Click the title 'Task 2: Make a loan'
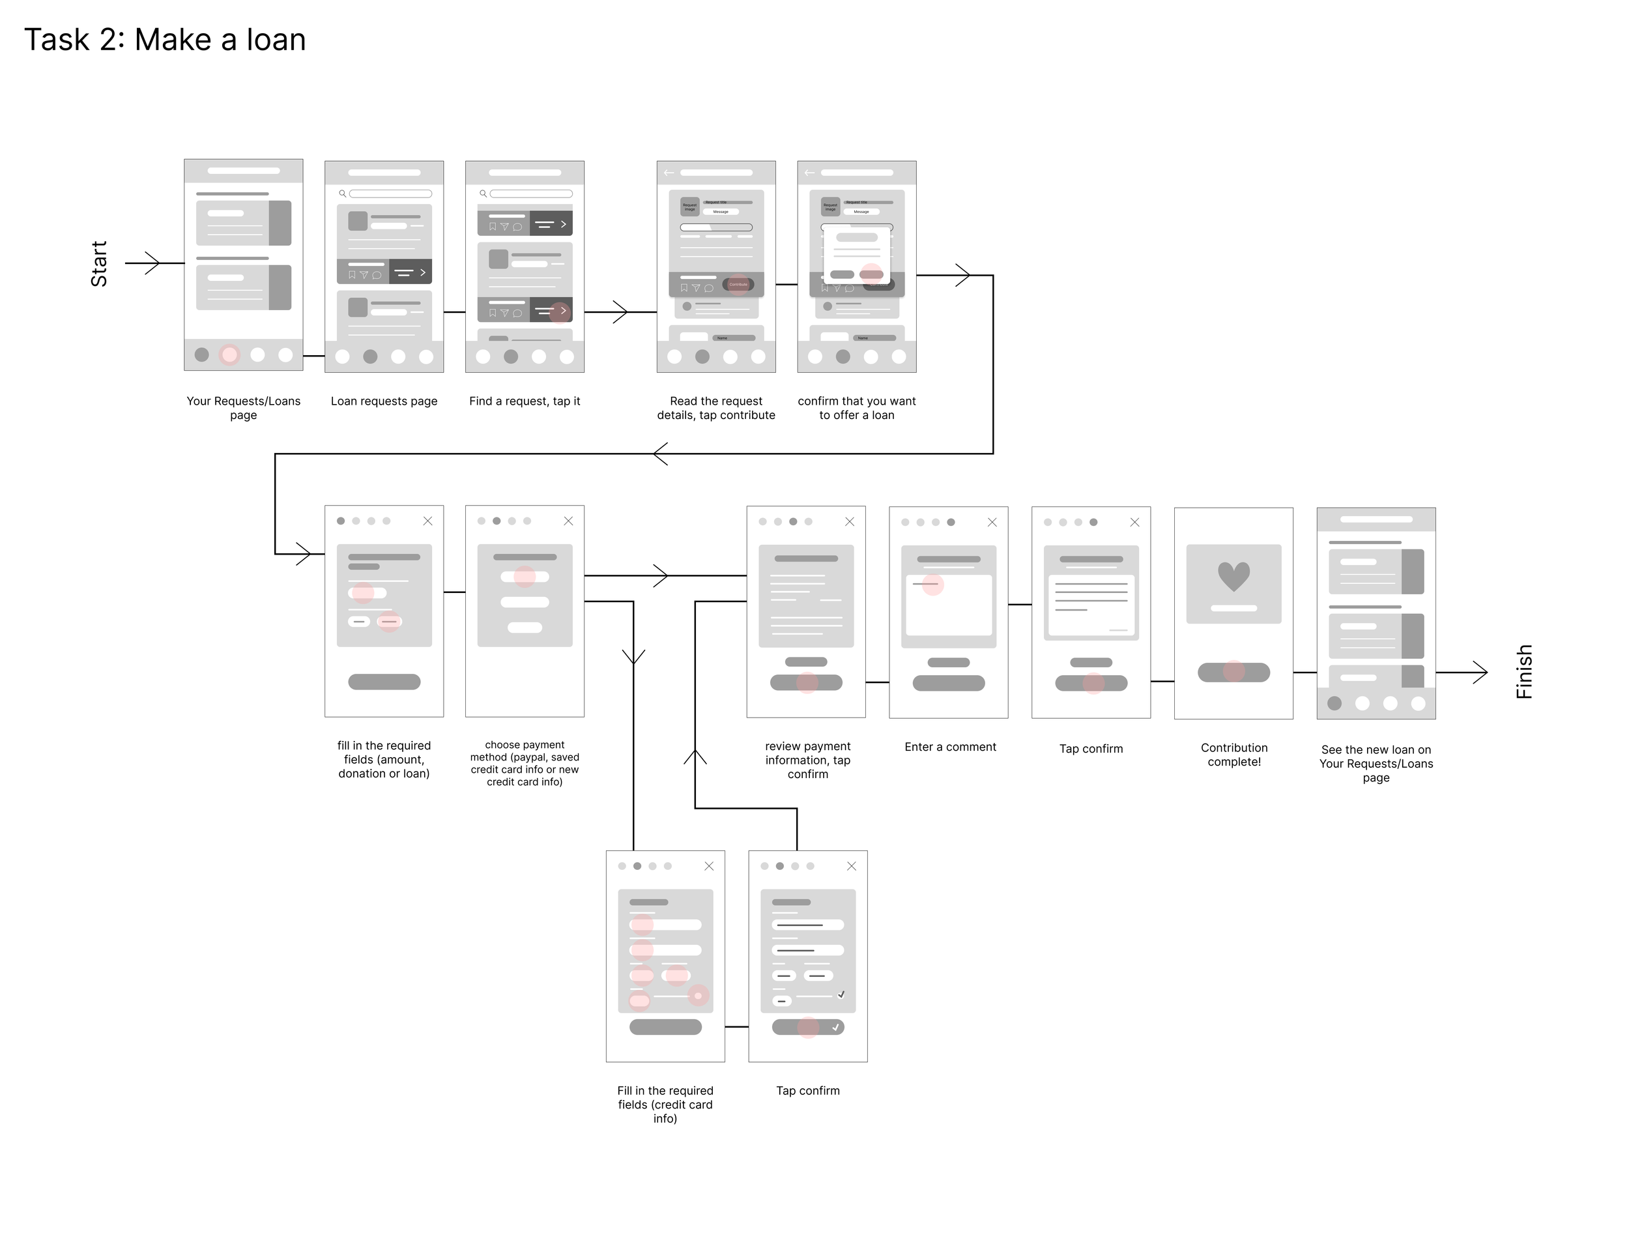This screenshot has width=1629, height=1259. tap(165, 40)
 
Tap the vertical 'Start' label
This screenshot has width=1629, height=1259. tap(99, 263)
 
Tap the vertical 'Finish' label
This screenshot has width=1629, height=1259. tap(1524, 671)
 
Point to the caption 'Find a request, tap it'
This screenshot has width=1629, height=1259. tap(525, 401)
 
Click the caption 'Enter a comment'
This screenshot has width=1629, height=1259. tap(949, 747)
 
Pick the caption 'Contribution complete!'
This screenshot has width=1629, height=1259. tap(1233, 754)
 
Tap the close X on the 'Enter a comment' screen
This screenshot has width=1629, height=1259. tap(992, 522)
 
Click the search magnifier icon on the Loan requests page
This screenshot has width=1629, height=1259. tap(342, 193)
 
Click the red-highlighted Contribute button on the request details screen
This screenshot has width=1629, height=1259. tap(738, 284)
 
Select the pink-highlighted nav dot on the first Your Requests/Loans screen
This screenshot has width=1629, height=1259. tap(230, 355)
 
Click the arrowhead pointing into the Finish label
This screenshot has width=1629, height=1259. tap(1480, 672)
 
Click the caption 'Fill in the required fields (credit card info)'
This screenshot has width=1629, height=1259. tap(665, 1104)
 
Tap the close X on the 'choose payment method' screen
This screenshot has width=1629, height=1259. tap(568, 521)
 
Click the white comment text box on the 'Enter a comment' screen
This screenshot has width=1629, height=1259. tap(949, 604)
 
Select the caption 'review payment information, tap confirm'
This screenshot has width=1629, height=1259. tap(807, 760)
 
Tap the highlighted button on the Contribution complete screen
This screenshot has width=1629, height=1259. tap(1233, 672)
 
